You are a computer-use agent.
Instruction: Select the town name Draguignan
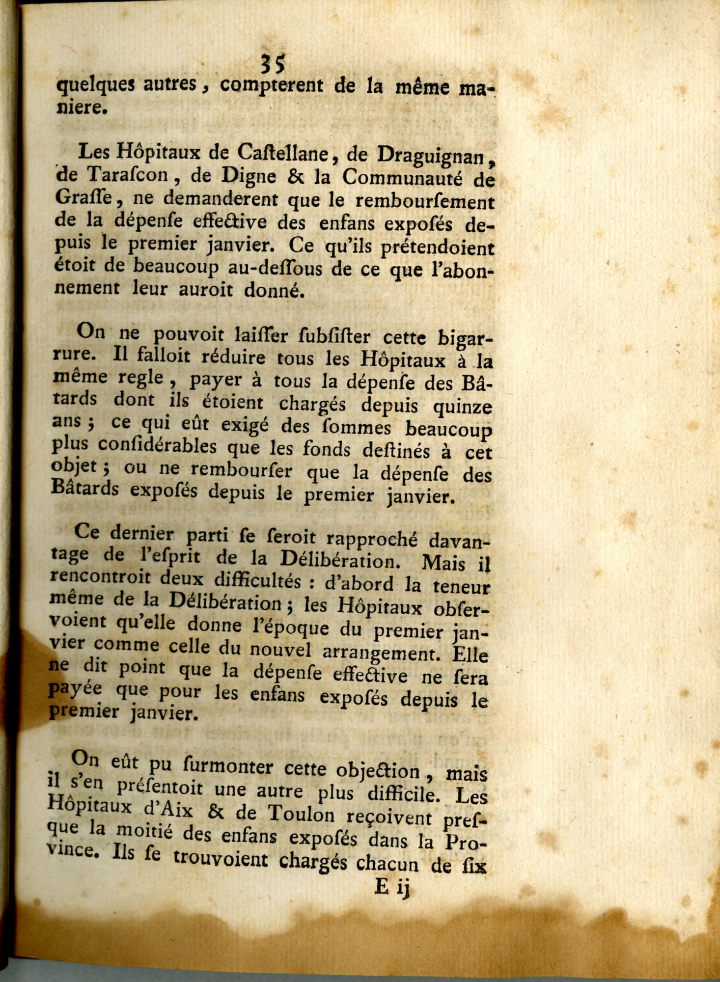point(433,156)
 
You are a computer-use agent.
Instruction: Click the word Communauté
point(403,178)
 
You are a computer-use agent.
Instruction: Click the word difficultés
point(257,580)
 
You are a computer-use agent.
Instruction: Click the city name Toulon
point(301,816)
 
